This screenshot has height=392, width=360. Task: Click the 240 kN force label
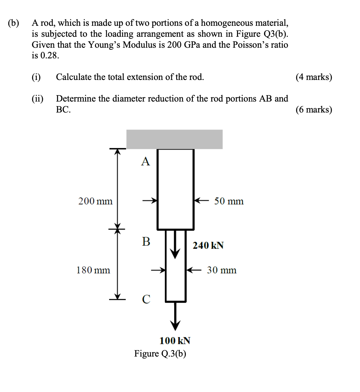coord(208,246)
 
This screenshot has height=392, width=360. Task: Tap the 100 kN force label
coord(175,341)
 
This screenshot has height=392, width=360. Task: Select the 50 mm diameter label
coord(229,201)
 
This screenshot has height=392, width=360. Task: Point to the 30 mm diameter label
coord(222,270)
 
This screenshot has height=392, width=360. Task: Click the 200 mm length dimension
coord(95,201)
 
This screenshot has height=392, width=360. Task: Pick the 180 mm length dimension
coord(93,270)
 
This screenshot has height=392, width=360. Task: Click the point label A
coord(146,161)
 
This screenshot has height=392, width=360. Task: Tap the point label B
coord(146,241)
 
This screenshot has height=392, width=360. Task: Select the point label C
coord(146,299)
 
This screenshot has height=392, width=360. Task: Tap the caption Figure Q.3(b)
coord(160,354)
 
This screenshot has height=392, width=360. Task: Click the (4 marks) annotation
coord(314,77)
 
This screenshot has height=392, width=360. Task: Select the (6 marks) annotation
coord(314,110)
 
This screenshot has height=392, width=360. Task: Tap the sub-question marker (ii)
coord(37,98)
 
